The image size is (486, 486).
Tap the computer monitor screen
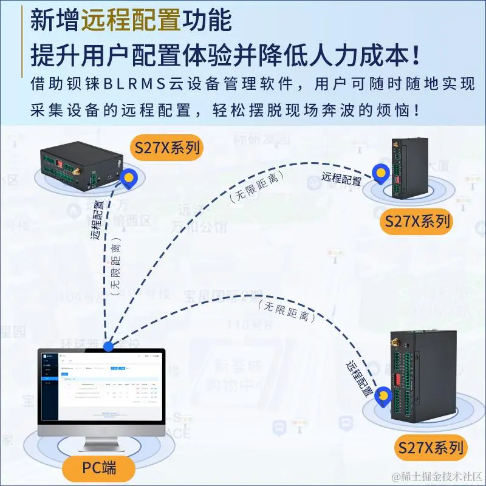(x=101, y=385)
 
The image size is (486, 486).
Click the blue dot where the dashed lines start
(x=109, y=346)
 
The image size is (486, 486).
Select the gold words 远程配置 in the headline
(x=131, y=21)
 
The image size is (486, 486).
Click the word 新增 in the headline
(x=55, y=21)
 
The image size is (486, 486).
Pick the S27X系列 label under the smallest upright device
(x=417, y=221)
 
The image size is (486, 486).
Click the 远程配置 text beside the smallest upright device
(x=341, y=179)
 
